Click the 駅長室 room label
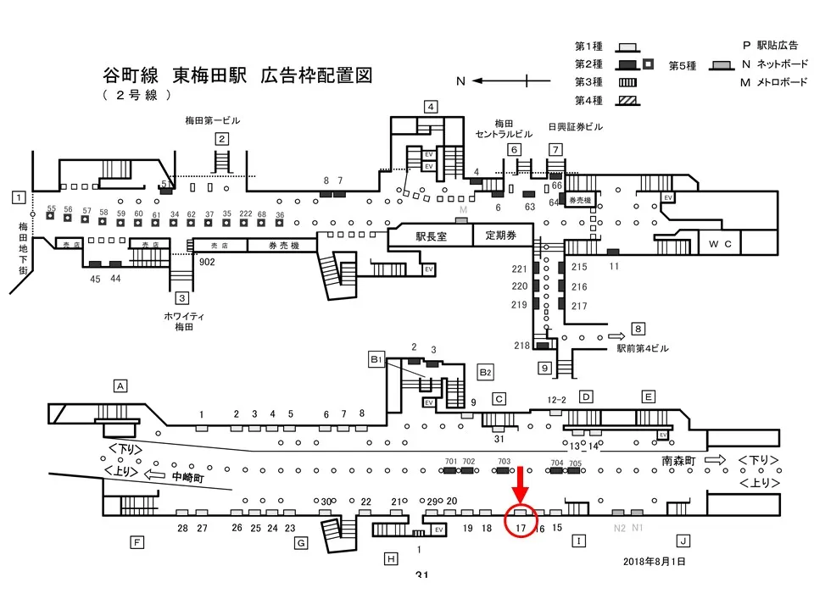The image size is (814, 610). pos(430,236)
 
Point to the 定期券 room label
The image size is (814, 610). pos(500,236)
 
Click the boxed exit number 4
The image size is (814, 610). pos(431,107)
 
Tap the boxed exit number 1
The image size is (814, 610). pos(17,197)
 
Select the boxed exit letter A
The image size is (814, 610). pos(121,386)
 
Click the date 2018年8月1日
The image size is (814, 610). pos(654,561)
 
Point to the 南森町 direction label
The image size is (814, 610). pos(679,461)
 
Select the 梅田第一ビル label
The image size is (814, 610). pos(213,121)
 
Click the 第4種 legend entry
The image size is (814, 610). pos(588,101)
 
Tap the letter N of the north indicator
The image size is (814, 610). pos(461,81)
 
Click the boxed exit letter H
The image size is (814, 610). pos(390,558)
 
